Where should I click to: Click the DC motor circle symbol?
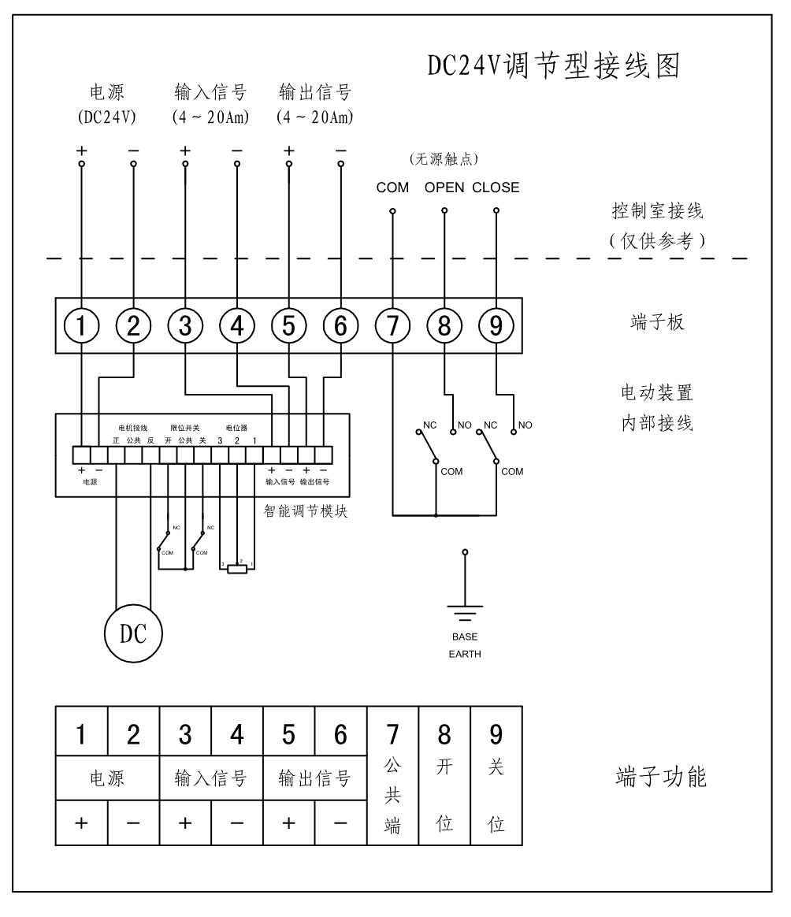pos(133,631)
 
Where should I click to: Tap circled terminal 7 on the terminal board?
pos(392,325)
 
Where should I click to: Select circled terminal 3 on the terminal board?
pos(185,325)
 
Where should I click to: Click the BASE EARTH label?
pos(465,645)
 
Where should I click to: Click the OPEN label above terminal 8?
pos(444,187)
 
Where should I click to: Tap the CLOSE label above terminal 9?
pos(496,187)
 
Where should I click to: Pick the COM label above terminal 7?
pos(392,187)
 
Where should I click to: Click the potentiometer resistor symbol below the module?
pos(236,569)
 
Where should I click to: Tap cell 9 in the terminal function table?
pos(496,733)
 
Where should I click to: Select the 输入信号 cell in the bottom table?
pos(211,778)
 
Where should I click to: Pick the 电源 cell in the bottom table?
pos(107,778)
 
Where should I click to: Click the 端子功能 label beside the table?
pos(660,778)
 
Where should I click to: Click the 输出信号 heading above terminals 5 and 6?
pos(314,93)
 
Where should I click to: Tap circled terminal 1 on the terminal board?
pos(82,325)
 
